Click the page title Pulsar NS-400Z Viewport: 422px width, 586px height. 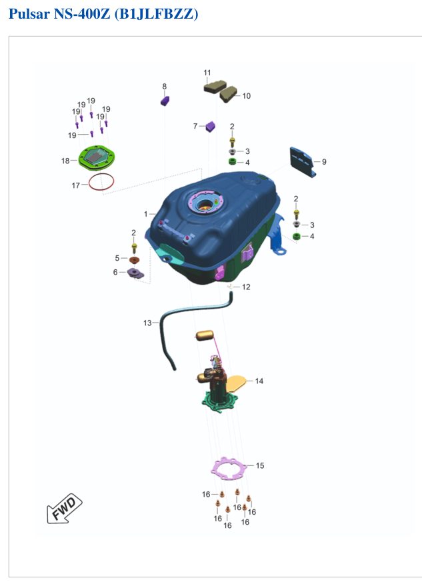(x=59, y=14)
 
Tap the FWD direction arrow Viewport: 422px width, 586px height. (x=64, y=509)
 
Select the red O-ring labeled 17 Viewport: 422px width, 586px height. (x=101, y=182)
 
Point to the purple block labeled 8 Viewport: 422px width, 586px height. (x=165, y=101)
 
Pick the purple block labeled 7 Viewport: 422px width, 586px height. (x=211, y=126)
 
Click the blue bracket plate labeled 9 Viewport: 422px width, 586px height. (x=303, y=162)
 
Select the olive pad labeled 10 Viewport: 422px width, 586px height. (x=229, y=95)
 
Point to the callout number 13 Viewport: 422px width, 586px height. (x=147, y=323)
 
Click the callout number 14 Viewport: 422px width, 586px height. (x=259, y=381)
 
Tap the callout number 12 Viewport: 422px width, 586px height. (x=246, y=287)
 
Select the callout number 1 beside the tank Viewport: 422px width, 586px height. (x=145, y=214)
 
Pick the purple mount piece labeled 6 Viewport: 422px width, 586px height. (x=135, y=273)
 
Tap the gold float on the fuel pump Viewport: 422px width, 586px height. (x=205, y=335)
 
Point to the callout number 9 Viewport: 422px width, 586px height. (x=324, y=162)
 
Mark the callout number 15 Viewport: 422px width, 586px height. (x=260, y=465)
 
